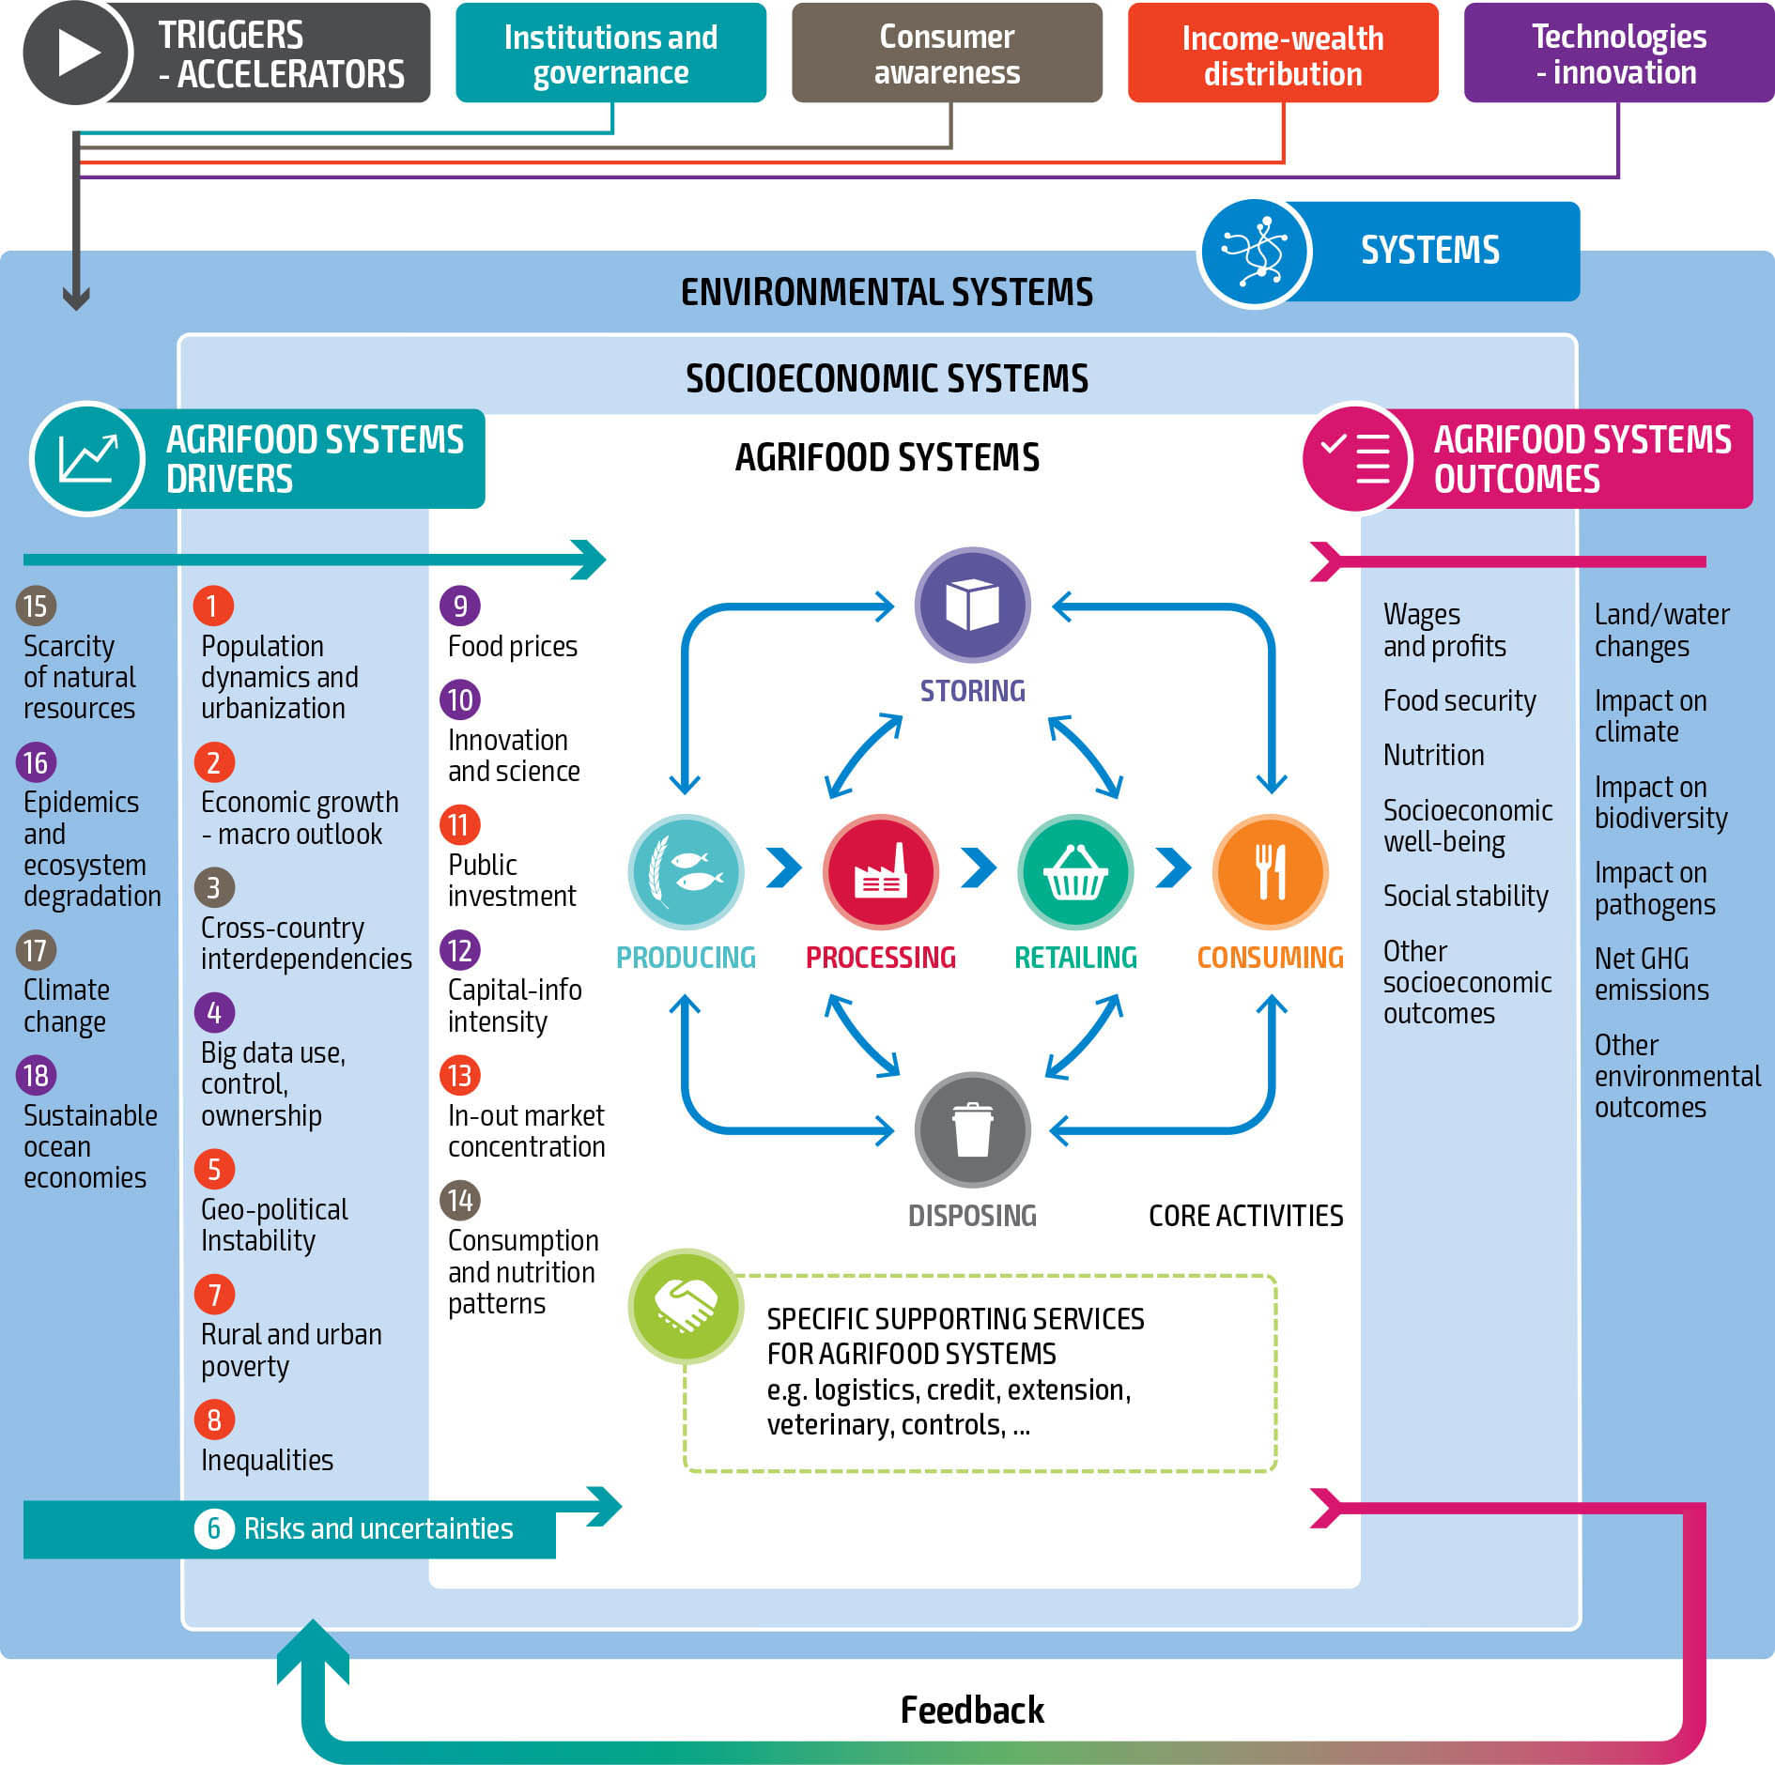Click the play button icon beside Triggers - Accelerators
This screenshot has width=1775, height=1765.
point(77,53)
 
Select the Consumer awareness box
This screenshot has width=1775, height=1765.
point(947,54)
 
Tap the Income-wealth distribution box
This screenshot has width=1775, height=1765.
point(1283,54)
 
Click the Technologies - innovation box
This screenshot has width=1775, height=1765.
point(1618,54)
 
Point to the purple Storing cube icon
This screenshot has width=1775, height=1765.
point(972,605)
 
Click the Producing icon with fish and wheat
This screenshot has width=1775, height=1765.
point(686,871)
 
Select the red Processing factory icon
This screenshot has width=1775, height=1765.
point(881,871)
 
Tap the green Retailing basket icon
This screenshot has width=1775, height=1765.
point(1075,871)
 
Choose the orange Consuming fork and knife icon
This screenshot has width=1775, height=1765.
point(1270,871)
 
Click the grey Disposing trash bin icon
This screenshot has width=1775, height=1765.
point(972,1129)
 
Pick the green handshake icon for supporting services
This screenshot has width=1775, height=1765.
point(686,1305)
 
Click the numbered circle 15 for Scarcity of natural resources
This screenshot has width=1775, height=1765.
point(36,606)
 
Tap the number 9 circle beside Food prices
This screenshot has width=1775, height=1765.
point(460,606)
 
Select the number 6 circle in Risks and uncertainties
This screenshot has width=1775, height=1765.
point(214,1528)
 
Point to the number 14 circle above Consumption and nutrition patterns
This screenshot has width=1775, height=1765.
point(460,1200)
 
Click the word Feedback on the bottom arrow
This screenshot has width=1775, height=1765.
point(972,1711)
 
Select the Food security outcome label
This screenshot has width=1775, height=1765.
point(1459,700)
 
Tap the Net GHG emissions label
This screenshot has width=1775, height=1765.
point(1651,974)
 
